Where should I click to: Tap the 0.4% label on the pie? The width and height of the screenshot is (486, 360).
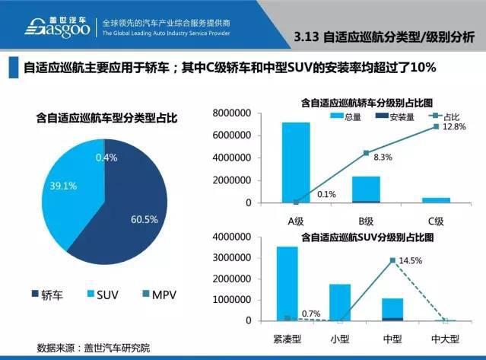106,157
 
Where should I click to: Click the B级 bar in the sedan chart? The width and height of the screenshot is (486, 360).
365,190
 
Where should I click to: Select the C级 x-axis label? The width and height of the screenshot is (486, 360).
435,221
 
